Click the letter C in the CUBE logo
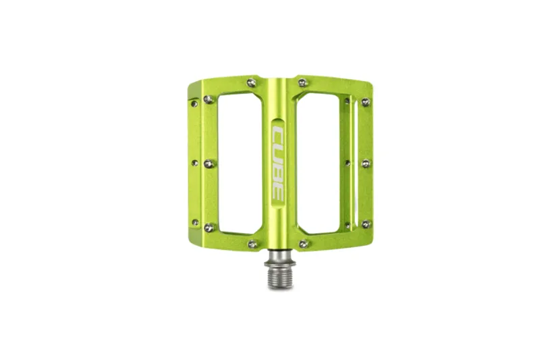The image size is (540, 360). click(x=278, y=134)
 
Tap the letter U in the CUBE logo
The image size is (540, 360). click(x=278, y=152)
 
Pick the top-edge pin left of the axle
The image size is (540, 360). click(x=252, y=83)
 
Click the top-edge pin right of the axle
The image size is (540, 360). click(x=303, y=83)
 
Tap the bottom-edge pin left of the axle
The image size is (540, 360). click(x=252, y=244)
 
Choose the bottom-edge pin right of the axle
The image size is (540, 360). click(x=304, y=244)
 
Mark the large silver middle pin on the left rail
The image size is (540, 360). click(x=209, y=163)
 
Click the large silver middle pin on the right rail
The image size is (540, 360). click(x=366, y=163)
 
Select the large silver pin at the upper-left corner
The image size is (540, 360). click(x=209, y=99)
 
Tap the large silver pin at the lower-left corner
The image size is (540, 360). click(x=209, y=228)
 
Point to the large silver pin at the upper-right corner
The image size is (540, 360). click(x=366, y=103)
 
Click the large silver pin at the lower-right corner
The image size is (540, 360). click(x=366, y=224)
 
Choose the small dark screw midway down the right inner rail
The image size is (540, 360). click(x=348, y=163)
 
